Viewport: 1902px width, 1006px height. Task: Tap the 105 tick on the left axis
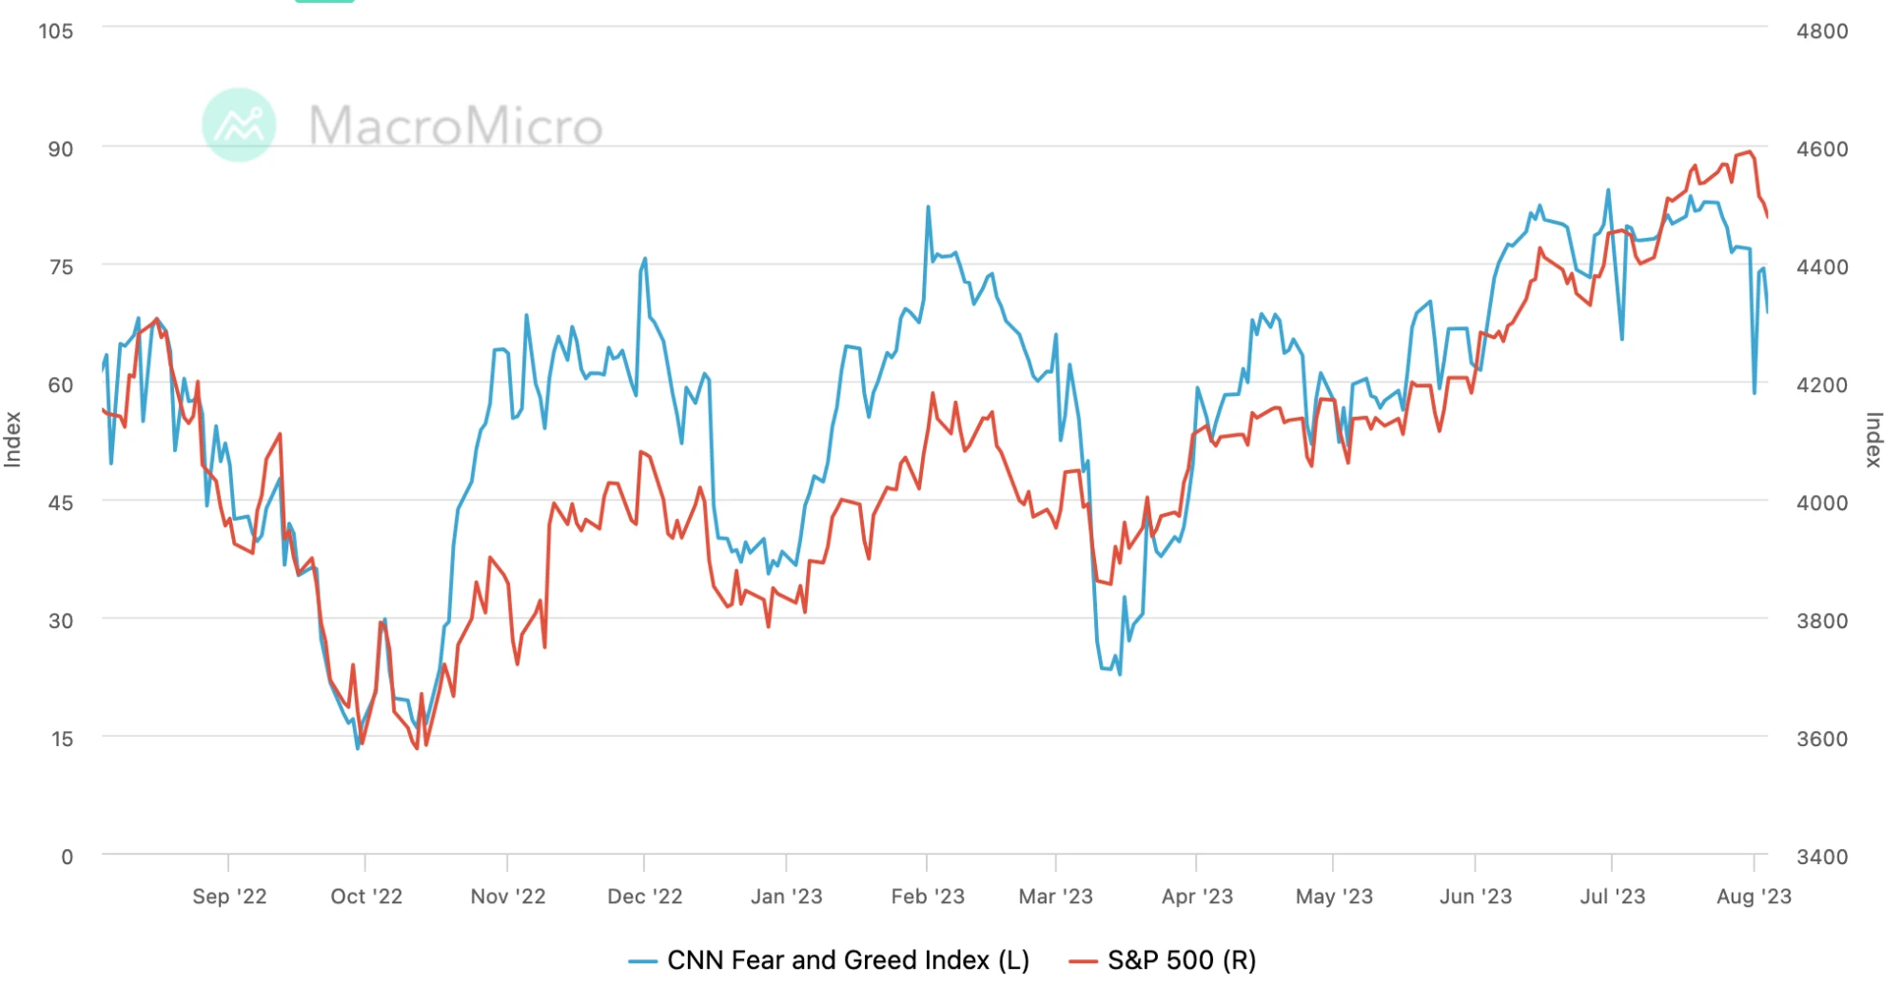pyautogui.click(x=55, y=31)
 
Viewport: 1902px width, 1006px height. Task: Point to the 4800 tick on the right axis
pyautogui.click(x=1821, y=31)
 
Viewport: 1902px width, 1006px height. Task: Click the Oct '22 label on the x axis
pyautogui.click(x=366, y=897)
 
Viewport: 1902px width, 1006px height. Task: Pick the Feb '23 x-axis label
pyautogui.click(x=928, y=897)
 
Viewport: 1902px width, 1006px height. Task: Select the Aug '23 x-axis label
pyautogui.click(x=1754, y=897)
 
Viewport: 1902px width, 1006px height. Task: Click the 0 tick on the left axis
pyautogui.click(x=67, y=857)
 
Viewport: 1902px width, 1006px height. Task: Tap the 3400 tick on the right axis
pyautogui.click(x=1821, y=857)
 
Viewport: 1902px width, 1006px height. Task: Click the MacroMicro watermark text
pyautogui.click(x=456, y=126)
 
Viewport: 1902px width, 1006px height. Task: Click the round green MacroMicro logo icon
pyautogui.click(x=239, y=125)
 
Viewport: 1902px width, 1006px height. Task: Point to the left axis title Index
pyautogui.click(x=13, y=439)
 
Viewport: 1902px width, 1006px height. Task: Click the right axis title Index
pyautogui.click(x=1873, y=439)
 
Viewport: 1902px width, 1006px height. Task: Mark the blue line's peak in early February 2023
pyautogui.click(x=928, y=207)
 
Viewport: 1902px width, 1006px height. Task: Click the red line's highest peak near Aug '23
pyautogui.click(x=1750, y=151)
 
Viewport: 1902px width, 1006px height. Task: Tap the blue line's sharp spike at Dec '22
pyautogui.click(x=645, y=258)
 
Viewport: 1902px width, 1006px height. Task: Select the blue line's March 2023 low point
pyautogui.click(x=1120, y=675)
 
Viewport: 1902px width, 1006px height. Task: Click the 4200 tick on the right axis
pyautogui.click(x=1821, y=385)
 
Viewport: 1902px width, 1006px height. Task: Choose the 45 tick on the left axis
pyautogui.click(x=60, y=503)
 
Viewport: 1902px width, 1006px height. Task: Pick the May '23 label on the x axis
pyautogui.click(x=1334, y=897)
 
